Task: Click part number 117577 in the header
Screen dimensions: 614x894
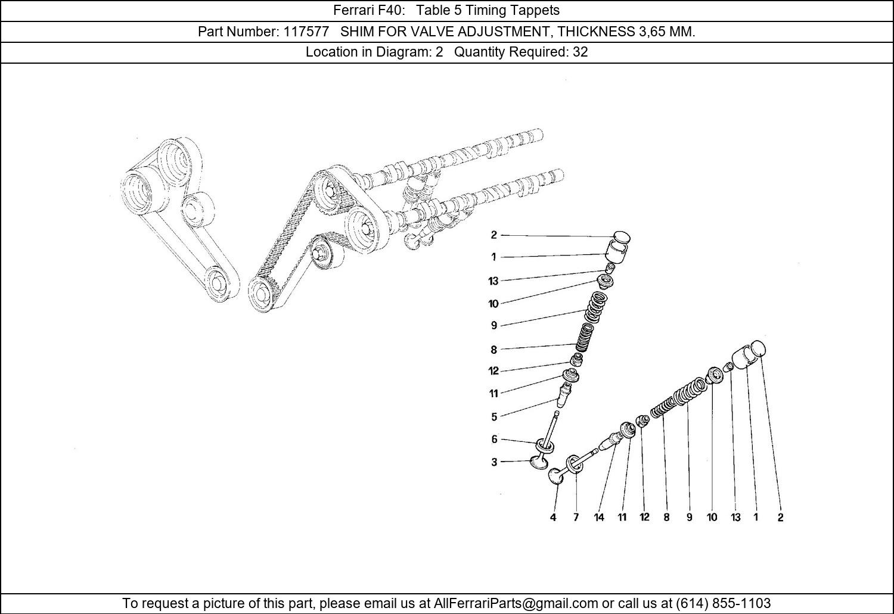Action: tap(306, 32)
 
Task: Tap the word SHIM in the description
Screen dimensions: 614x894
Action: tap(357, 32)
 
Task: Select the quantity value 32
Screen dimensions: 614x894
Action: tap(580, 52)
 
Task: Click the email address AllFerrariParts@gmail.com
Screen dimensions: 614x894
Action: tap(516, 603)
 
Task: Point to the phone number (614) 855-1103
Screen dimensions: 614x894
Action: tap(723, 603)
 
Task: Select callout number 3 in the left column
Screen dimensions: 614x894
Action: tap(494, 462)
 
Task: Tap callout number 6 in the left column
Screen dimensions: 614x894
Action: tap(494, 440)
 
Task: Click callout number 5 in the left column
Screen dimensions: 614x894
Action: tap(494, 417)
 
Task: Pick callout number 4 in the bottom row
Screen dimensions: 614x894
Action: tap(553, 518)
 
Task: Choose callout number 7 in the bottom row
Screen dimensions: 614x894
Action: tap(576, 518)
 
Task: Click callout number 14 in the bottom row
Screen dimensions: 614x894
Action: tap(599, 518)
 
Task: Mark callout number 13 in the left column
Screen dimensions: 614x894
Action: tap(493, 281)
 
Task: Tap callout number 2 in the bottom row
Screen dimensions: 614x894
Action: tap(780, 518)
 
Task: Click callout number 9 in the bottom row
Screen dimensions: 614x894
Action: tap(689, 518)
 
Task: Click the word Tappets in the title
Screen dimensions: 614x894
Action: tap(538, 10)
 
